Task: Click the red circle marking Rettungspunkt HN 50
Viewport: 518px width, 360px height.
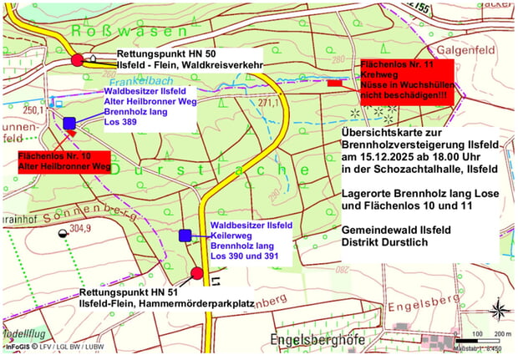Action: coord(78,59)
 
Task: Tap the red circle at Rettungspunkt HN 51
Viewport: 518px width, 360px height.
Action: coord(197,273)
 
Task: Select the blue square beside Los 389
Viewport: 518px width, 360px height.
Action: coord(69,124)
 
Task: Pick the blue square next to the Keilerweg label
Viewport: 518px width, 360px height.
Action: coord(185,236)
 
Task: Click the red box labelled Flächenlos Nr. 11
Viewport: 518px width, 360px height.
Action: coord(406,80)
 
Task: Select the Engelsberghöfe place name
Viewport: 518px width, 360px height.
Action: coord(319,340)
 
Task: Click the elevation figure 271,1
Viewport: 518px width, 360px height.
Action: coord(267,104)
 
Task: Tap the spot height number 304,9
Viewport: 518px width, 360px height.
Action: coord(79,226)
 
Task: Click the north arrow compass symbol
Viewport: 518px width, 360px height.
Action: coord(498,310)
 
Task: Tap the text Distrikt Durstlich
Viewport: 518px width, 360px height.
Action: coord(383,242)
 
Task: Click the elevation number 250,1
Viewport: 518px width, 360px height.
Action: coord(33,109)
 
